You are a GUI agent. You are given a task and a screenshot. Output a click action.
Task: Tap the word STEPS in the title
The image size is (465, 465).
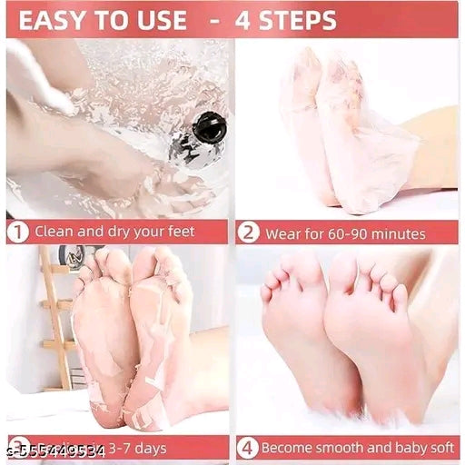(x=291, y=20)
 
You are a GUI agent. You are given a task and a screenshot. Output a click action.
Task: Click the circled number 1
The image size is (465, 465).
(x=17, y=232)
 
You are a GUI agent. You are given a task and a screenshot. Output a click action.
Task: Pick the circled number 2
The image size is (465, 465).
(x=249, y=232)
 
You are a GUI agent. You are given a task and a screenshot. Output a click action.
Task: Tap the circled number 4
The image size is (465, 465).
(x=247, y=448)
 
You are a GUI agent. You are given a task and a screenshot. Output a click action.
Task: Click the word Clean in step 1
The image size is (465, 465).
(x=54, y=232)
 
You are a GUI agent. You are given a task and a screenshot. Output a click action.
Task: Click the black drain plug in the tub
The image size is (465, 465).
(x=208, y=128)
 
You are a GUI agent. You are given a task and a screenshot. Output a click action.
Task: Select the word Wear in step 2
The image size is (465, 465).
(x=281, y=232)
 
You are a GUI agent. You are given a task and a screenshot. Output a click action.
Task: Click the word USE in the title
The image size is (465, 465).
(x=163, y=20)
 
